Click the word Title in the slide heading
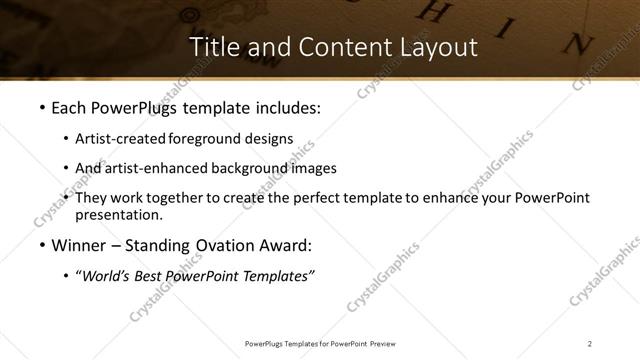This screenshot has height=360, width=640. (x=212, y=47)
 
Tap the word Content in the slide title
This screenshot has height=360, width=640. (x=317, y=47)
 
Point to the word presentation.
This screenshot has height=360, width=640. (x=118, y=214)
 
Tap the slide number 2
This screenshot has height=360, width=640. (x=590, y=344)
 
